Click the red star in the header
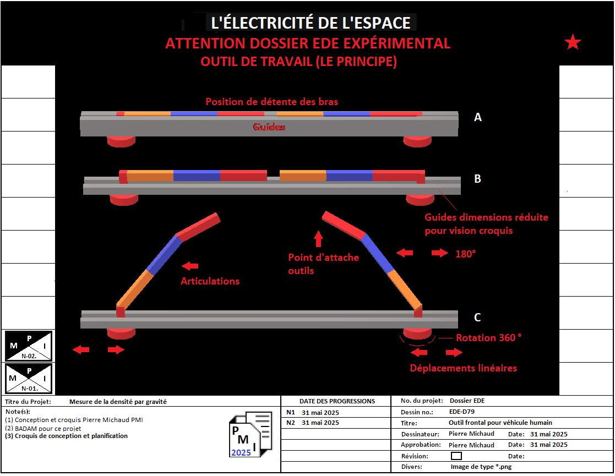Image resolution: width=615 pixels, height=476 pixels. point(573,42)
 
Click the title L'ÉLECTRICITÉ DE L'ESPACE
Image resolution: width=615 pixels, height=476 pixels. point(311,23)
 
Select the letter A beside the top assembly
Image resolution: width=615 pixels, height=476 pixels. point(478,117)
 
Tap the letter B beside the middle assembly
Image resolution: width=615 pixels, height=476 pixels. point(478,179)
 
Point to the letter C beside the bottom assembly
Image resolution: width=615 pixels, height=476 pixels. point(477,318)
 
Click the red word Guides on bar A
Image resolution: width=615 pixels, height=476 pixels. point(269,127)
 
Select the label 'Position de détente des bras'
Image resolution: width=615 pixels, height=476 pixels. point(272,102)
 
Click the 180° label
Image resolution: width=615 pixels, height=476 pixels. point(465,254)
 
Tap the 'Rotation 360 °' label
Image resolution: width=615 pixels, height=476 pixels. point(488,338)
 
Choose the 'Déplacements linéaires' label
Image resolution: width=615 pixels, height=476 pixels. point(464,368)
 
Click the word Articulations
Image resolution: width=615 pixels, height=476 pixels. point(210,281)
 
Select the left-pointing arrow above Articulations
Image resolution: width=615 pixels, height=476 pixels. point(191,266)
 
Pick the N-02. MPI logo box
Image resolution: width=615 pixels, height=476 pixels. point(29,346)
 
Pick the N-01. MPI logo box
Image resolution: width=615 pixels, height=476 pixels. point(29,378)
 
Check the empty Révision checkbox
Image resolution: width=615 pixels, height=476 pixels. point(456,456)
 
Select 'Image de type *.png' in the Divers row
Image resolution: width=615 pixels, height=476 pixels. point(481,467)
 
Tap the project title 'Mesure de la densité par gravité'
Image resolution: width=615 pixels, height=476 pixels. point(118,402)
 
